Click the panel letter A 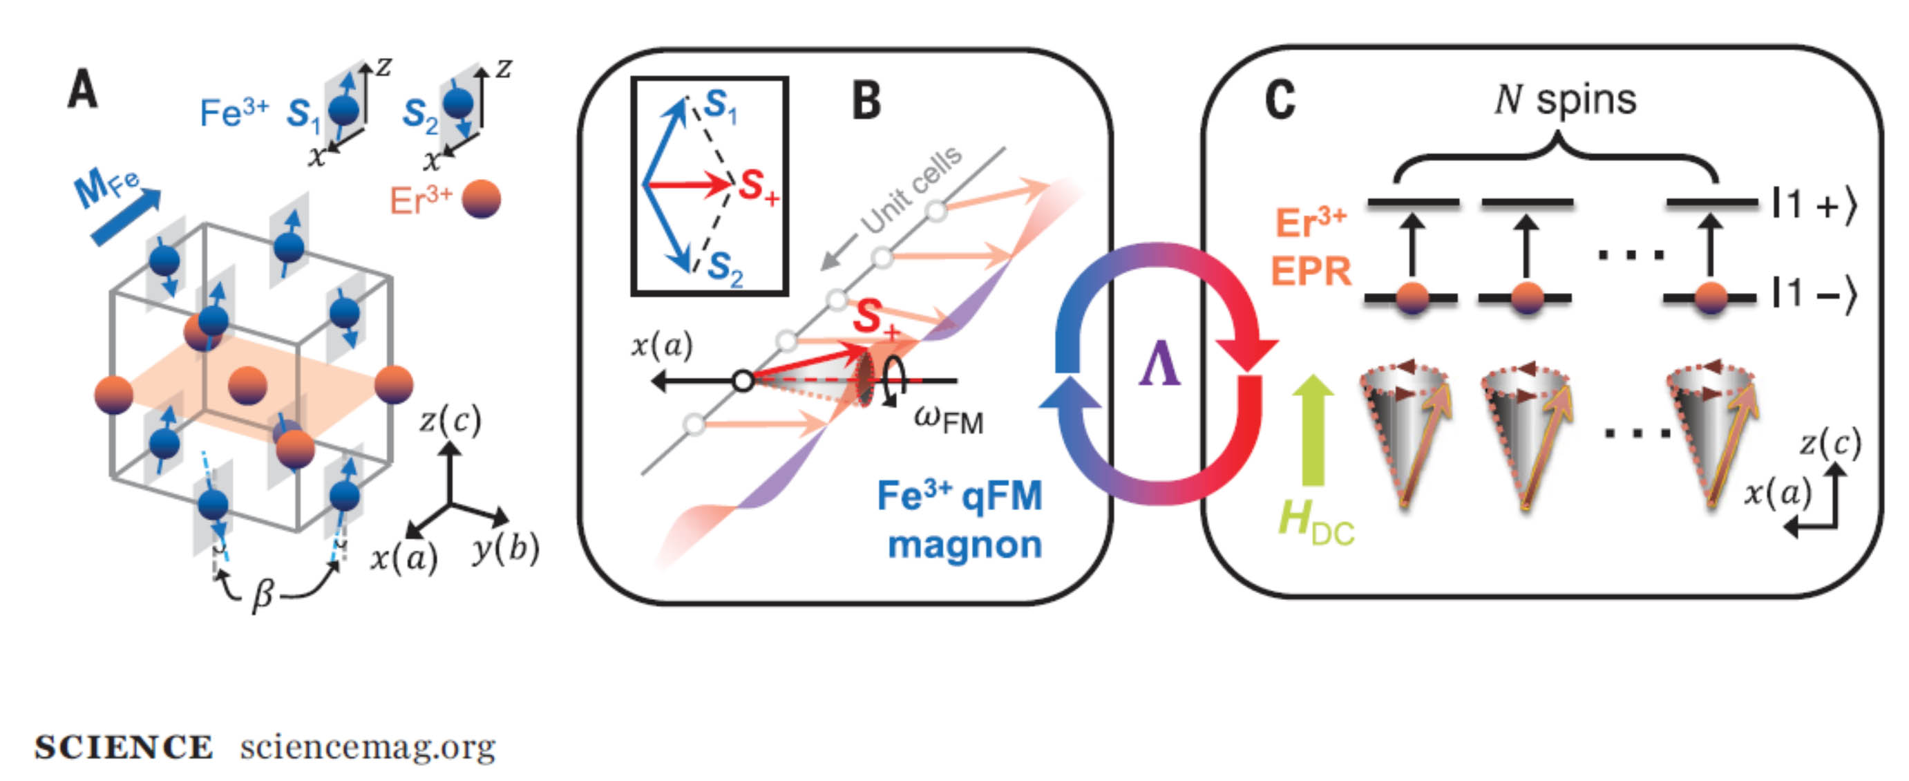[x=82, y=90]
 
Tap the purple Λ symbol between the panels [x=1160, y=366]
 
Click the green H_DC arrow [x=1313, y=430]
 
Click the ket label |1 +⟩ [x=1814, y=205]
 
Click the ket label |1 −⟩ [x=1814, y=296]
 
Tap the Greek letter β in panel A [x=263, y=593]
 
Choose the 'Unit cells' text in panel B [x=911, y=189]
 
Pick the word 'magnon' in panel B [x=965, y=545]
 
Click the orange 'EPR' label [x=1310, y=271]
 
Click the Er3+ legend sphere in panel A [x=481, y=199]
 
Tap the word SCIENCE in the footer [x=124, y=747]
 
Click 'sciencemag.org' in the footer [x=368, y=747]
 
